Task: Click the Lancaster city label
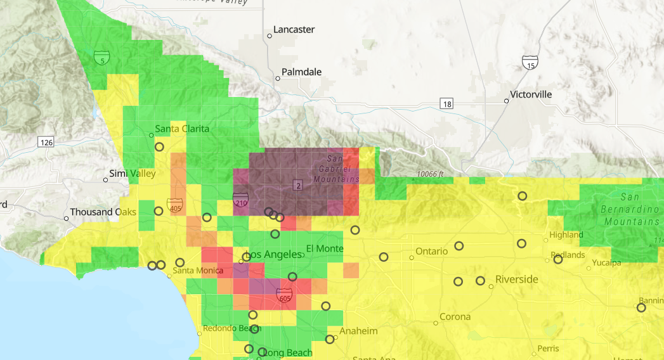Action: click(294, 30)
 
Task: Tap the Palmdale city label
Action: click(301, 72)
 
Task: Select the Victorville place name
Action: click(531, 94)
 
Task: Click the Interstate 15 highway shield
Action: click(530, 62)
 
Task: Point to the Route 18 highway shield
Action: click(448, 103)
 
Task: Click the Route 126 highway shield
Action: click(46, 142)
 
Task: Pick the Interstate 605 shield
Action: click(284, 295)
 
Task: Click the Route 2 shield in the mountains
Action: click(298, 185)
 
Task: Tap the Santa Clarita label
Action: click(182, 129)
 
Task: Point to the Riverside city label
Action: click(516, 280)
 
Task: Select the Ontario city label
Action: click(432, 252)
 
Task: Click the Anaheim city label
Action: click(358, 331)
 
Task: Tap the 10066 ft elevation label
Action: click(430, 174)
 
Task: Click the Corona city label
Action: click(455, 317)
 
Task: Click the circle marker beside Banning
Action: click(641, 308)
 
